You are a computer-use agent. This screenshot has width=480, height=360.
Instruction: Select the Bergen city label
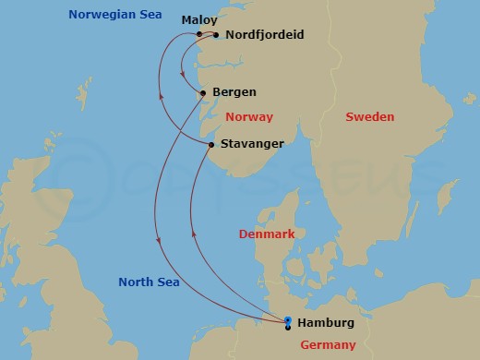coord(234,92)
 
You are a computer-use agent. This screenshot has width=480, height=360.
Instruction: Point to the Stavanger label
coord(252,144)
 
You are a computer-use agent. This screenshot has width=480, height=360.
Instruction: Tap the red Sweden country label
coord(369,117)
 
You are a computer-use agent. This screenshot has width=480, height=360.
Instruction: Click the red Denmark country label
coord(267,234)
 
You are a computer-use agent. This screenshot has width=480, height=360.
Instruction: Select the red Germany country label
coord(329,345)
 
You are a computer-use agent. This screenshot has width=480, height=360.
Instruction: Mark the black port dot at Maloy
coord(200,35)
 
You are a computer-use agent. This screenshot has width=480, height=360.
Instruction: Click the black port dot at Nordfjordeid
coord(216,35)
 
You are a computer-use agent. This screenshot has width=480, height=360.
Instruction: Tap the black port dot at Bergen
coord(204,92)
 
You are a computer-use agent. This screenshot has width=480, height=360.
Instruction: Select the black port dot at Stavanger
coord(211,145)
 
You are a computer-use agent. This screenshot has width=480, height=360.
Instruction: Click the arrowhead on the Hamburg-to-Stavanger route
coord(192,234)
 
